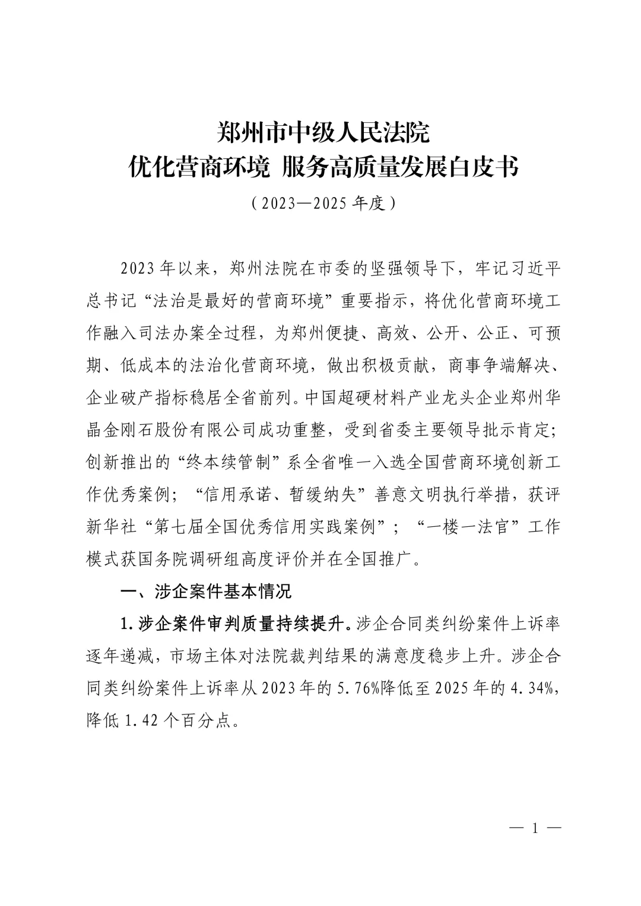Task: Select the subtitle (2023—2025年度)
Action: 322,203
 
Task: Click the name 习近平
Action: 537,268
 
